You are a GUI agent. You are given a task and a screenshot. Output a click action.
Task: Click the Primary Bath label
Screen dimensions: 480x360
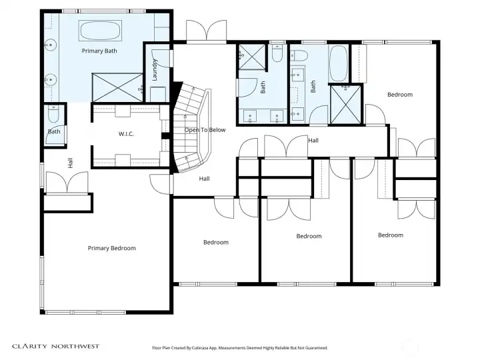(99, 51)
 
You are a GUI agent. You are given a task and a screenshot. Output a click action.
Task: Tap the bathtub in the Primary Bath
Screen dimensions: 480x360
(100, 30)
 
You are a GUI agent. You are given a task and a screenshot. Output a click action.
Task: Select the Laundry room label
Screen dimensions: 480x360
(155, 70)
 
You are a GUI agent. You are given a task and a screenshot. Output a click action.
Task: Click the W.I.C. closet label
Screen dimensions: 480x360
(126, 134)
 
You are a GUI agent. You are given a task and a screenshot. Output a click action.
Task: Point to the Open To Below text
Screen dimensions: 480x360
(205, 130)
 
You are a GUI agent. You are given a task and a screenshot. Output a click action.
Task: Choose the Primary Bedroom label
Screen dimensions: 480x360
(112, 248)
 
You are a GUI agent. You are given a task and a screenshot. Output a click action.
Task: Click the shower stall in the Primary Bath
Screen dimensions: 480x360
(117, 87)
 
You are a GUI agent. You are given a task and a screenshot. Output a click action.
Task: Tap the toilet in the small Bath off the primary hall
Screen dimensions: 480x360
(53, 114)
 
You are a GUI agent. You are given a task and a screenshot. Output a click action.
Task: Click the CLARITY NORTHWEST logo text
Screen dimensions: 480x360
(56, 346)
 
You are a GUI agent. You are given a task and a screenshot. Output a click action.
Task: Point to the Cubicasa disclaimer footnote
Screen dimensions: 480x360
(240, 348)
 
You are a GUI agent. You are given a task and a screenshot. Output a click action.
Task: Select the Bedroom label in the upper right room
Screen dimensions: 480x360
(400, 95)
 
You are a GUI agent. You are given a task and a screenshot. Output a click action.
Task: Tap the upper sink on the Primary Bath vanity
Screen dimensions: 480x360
(51, 45)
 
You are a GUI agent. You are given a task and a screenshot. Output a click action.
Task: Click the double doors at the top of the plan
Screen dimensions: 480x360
(207, 31)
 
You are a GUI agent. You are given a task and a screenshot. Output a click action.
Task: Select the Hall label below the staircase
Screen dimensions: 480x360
(204, 179)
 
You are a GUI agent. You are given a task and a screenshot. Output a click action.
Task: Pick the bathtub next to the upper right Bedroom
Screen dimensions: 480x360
(338, 64)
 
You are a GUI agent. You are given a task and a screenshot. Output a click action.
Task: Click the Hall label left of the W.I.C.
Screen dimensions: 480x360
(71, 163)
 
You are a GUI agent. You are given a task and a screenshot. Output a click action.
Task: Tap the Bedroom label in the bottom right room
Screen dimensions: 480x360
(391, 235)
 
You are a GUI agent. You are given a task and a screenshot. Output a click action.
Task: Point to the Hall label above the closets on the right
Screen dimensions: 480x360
(313, 141)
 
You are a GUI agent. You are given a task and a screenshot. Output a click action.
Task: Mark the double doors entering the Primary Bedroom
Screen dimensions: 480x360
(67, 183)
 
